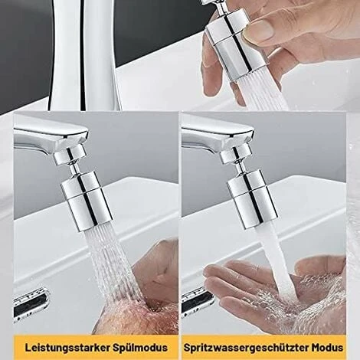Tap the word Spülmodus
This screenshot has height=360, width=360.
pos(139,348)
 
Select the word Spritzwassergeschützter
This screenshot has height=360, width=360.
pos(245,348)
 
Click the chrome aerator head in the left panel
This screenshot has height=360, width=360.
pos(87,201)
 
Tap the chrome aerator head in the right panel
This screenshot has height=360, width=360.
pos(252,200)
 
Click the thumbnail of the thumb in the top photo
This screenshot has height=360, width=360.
pos(258,30)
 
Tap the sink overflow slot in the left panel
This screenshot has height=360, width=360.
pos(31,303)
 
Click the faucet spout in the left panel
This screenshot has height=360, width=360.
pos(51,138)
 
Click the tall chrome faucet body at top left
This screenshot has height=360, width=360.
pos(84,55)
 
